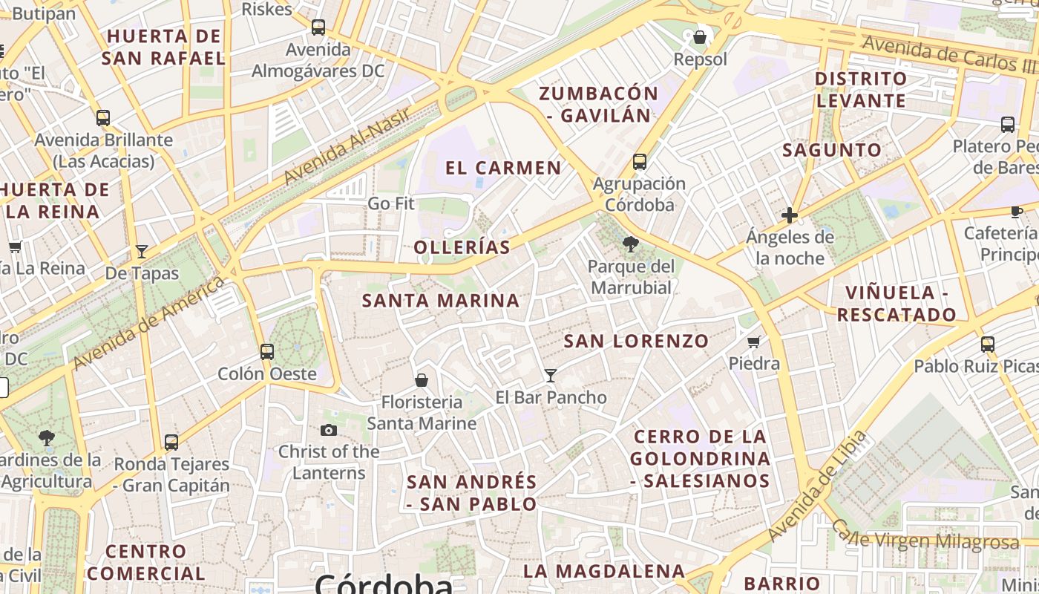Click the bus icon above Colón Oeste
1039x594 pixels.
[267, 351]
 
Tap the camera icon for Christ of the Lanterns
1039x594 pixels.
[329, 430]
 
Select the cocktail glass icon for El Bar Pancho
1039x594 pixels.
[550, 375]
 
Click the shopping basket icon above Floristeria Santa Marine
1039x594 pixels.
[422, 380]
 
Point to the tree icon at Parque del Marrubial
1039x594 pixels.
[631, 244]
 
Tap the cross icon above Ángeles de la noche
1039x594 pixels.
[790, 215]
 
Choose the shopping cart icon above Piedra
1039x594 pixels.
[754, 342]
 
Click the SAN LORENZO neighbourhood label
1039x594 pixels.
[636, 342]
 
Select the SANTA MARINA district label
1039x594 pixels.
[441, 301]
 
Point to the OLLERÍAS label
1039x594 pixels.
[462, 247]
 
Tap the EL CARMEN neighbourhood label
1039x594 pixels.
[503, 168]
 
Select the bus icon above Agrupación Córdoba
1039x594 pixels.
[639, 161]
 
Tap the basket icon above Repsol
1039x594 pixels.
[700, 36]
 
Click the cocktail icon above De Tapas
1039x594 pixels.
[142, 251]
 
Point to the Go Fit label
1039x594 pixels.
[391, 203]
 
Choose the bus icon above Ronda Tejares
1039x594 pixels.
[171, 442]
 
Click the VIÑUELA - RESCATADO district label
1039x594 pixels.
[897, 304]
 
